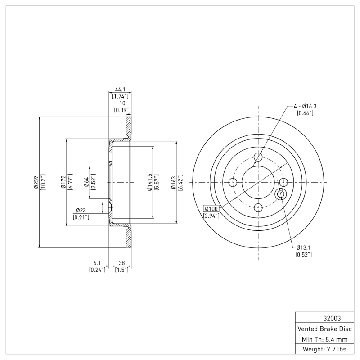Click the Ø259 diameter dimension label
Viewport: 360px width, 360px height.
(36, 182)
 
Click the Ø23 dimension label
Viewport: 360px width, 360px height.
(81, 210)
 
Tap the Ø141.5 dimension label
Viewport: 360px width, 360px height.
(148, 182)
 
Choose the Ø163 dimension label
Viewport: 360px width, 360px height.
(173, 182)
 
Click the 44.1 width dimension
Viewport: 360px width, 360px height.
(120, 90)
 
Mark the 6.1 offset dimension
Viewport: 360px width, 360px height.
(97, 263)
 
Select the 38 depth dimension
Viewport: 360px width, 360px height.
(121, 263)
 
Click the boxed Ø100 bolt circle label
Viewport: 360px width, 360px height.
(211, 209)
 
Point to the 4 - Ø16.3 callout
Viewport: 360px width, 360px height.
(305, 106)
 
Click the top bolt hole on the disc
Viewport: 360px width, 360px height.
(258, 157)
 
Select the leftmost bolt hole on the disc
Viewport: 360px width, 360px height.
(233, 182)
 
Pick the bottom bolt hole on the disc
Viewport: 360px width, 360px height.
(258, 207)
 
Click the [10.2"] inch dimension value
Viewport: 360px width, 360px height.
(43, 182)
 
